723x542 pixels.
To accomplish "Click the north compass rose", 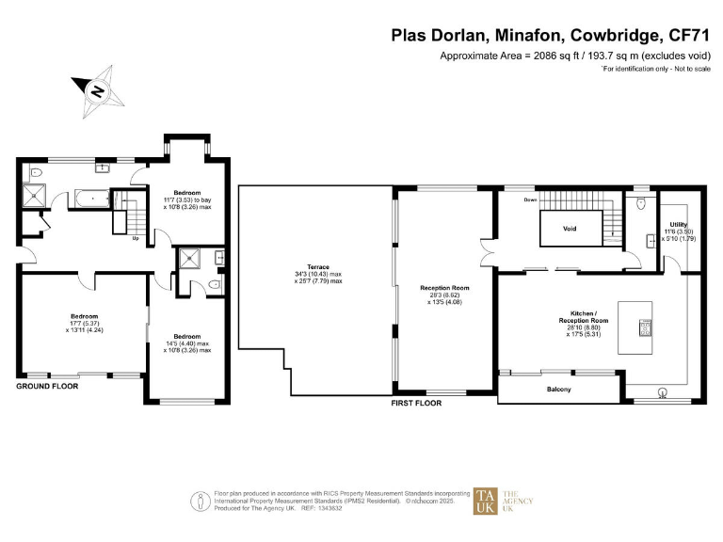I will [96, 91].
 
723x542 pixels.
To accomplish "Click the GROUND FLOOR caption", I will [47, 386].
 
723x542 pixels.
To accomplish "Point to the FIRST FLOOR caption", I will [416, 402].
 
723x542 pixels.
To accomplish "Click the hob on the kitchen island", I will [646, 327].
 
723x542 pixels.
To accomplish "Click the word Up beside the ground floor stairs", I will [136, 238].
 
